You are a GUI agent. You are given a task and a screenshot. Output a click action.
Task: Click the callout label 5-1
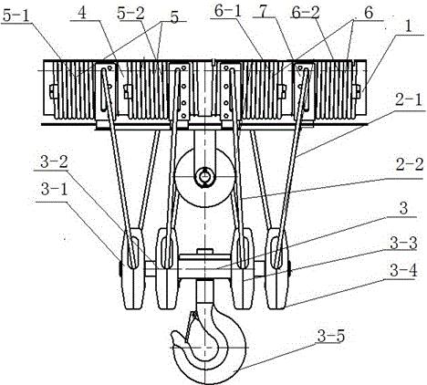pyautogui.click(x=16, y=15)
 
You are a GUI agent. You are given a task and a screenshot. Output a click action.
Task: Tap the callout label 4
pyautogui.click(x=81, y=13)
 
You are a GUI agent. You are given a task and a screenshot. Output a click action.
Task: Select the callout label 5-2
pyautogui.click(x=130, y=13)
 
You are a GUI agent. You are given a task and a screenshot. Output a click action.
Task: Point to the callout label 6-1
pyautogui.click(x=228, y=11)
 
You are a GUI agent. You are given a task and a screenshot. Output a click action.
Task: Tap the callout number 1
pyautogui.click(x=409, y=26)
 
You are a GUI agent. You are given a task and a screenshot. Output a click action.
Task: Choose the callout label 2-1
pyautogui.click(x=410, y=100)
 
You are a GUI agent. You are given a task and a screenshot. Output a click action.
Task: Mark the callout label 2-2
pyautogui.click(x=410, y=164)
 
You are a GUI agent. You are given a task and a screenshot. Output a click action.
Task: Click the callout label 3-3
pyautogui.click(x=403, y=243)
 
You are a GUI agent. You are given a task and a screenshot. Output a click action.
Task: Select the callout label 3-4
pyautogui.click(x=403, y=270)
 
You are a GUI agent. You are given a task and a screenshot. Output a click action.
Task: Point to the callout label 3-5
pyautogui.click(x=331, y=336)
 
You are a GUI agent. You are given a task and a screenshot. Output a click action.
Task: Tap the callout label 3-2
pyautogui.click(x=54, y=162)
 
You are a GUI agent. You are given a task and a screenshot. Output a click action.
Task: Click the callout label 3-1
pyautogui.click(x=54, y=190)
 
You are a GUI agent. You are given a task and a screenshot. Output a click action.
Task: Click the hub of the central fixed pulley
pyautogui.click(x=205, y=177)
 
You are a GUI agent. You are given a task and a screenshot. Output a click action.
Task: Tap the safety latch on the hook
pyautogui.click(x=189, y=327)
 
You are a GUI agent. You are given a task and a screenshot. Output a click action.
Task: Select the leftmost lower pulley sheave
pyautogui.click(x=133, y=269)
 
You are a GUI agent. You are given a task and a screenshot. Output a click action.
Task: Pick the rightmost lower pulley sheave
pyautogui.click(x=276, y=269)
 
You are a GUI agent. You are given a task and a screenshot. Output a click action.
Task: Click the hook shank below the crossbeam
pyautogui.click(x=205, y=290)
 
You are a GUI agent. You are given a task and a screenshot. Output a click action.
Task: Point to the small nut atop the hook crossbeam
pyautogui.click(x=204, y=251)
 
